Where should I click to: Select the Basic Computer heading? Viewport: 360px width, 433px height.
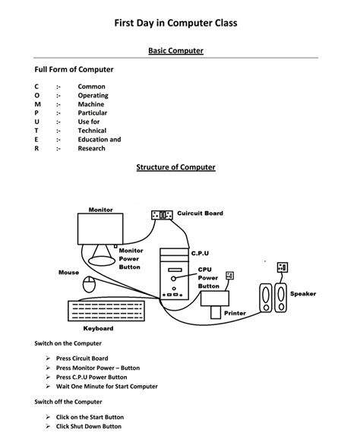(175, 51)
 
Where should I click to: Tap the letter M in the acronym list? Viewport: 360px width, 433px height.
(36, 104)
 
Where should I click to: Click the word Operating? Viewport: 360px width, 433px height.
(93, 96)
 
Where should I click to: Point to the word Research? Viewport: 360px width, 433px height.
(92, 148)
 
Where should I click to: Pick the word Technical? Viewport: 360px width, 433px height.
(92, 131)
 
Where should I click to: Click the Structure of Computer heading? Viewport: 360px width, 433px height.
(175, 166)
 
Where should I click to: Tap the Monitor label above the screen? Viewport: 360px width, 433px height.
(100, 210)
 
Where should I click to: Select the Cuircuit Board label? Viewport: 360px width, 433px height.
(200, 213)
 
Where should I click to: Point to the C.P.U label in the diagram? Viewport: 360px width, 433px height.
(200, 252)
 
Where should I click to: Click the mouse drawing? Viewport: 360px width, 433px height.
(90, 285)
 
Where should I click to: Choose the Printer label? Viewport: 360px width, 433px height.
(235, 313)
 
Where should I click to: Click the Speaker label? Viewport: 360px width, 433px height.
(303, 293)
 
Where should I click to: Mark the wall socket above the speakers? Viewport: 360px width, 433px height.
(283, 267)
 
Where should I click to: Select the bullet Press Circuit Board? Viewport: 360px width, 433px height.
(81, 358)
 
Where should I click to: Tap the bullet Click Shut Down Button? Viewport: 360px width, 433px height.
(88, 426)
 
